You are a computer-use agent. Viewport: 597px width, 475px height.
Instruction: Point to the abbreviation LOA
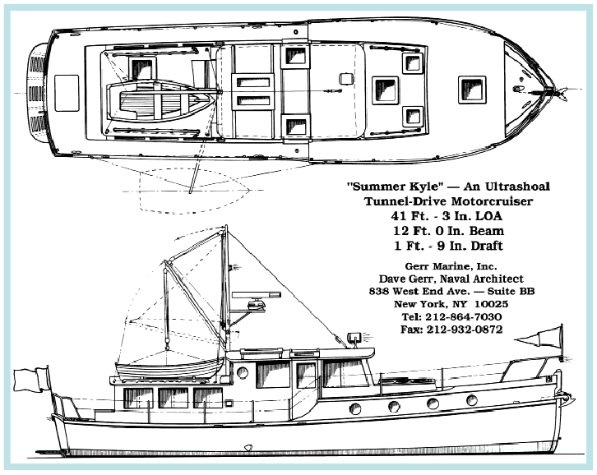click(493, 216)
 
